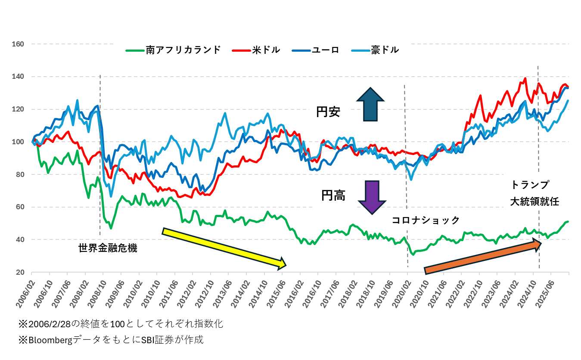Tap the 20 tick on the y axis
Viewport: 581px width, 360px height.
point(19,272)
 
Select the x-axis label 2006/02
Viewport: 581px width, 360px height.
point(24,293)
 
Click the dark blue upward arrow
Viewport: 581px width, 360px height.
point(370,104)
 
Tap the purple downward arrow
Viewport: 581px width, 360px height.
point(370,197)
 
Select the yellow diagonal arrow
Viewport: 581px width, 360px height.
point(224,248)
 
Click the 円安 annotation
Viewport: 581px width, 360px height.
point(328,112)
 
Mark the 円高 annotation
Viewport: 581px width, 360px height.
point(333,196)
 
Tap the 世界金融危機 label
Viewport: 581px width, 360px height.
point(108,248)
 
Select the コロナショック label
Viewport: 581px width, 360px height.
point(426,220)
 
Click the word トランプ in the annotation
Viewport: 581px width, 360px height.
point(530,185)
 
